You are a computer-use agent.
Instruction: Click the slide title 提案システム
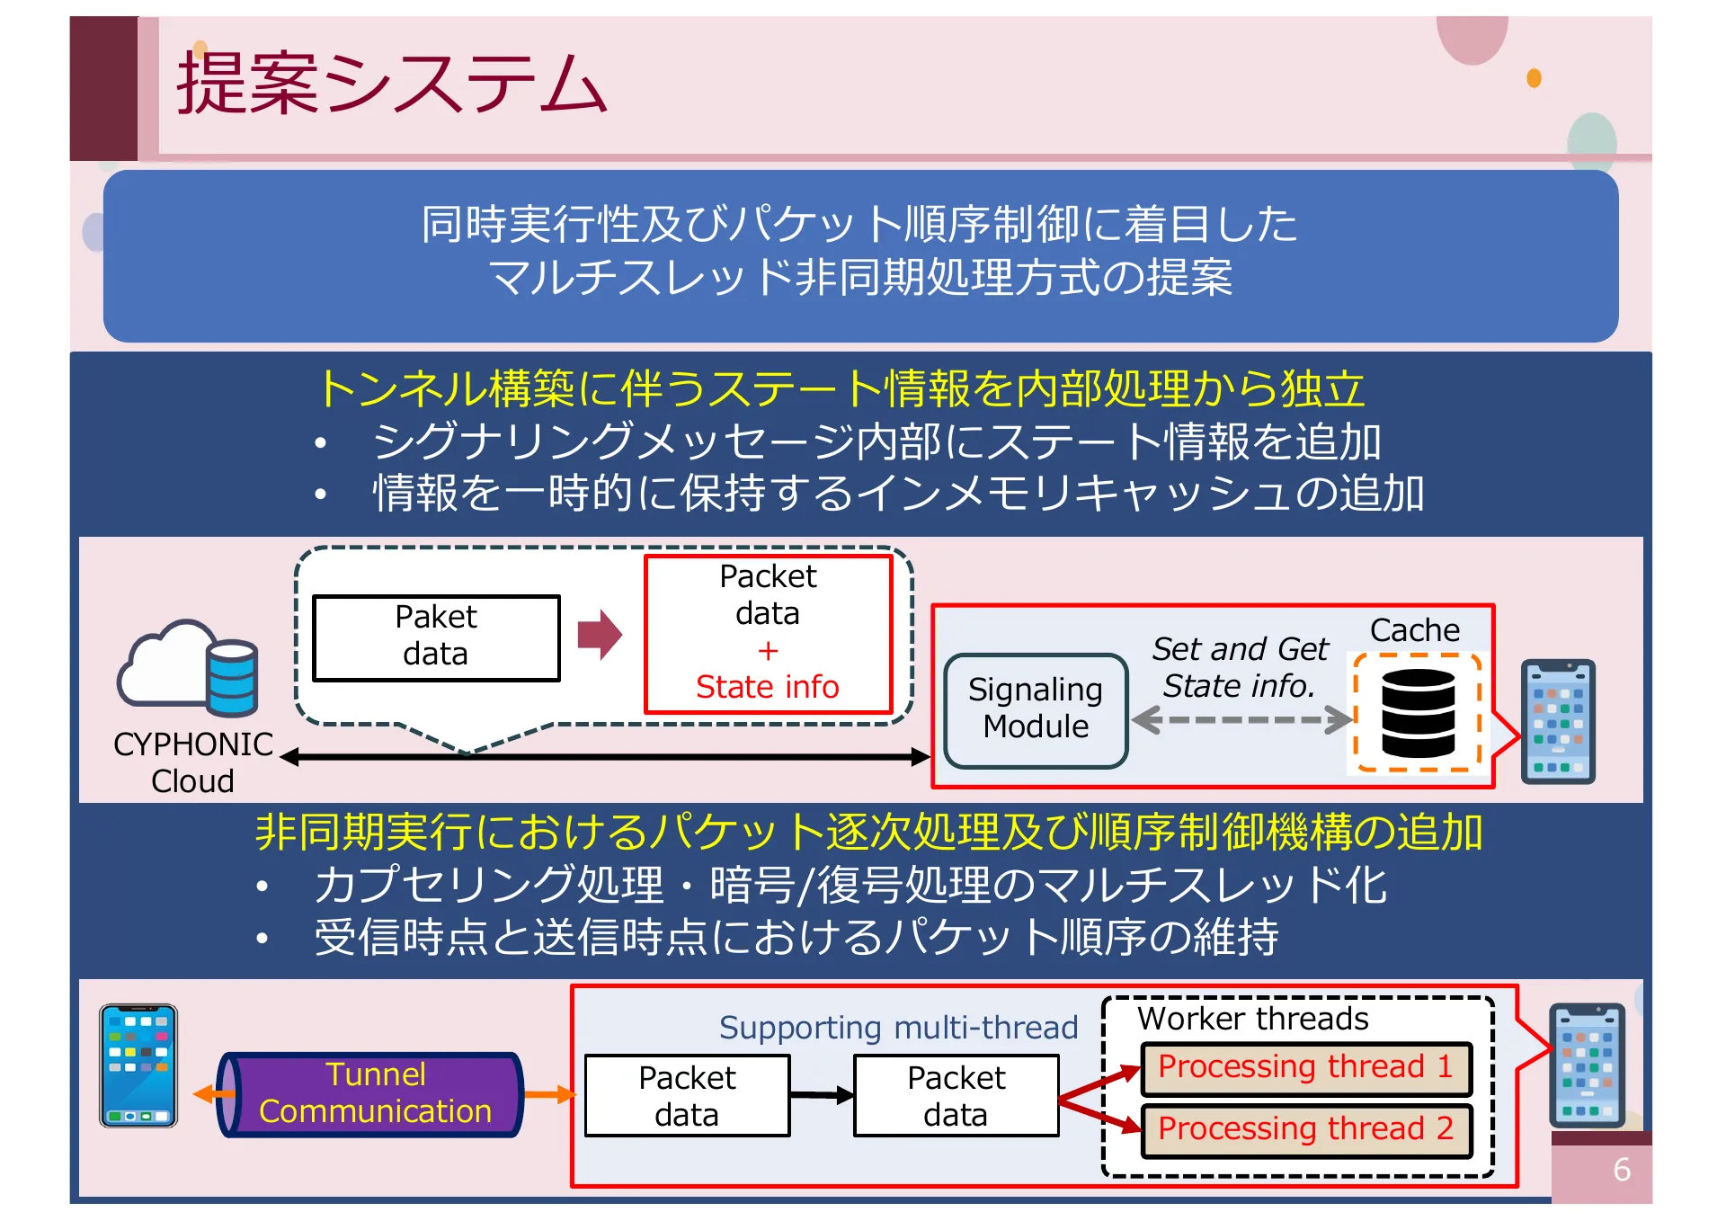click(391, 83)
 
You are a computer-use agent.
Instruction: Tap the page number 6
click(1621, 1169)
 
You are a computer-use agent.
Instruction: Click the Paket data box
click(436, 637)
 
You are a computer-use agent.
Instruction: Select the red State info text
click(767, 687)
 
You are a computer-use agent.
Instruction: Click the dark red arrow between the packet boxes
click(600, 635)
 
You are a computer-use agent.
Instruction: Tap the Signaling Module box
click(1036, 709)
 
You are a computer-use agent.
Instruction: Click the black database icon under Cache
click(1418, 713)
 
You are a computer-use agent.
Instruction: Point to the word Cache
click(1414, 629)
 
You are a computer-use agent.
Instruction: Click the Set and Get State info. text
click(1239, 666)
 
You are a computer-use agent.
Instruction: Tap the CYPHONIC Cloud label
click(192, 762)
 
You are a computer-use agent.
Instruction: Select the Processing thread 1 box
click(1305, 1067)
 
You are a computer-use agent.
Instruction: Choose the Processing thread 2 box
click(1305, 1128)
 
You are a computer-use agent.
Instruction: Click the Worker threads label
click(1252, 1018)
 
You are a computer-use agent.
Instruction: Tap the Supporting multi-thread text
click(897, 1027)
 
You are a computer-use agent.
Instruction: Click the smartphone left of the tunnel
click(138, 1065)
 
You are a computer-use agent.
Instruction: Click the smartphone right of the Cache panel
click(1557, 722)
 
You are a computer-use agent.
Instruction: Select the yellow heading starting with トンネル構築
click(841, 388)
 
